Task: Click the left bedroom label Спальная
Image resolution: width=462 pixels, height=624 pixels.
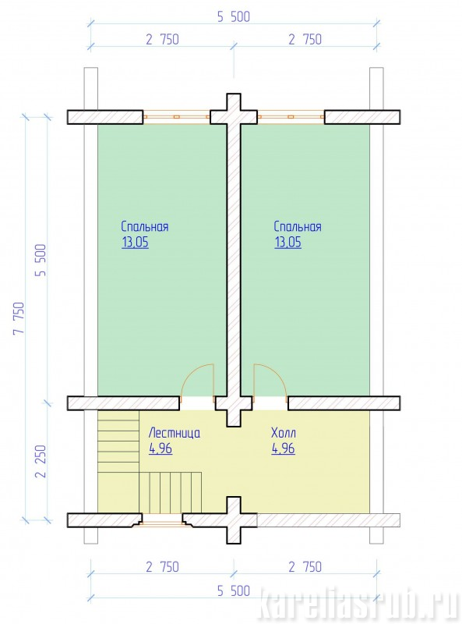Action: pos(145,227)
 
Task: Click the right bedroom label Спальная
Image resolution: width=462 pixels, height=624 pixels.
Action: pos(298,227)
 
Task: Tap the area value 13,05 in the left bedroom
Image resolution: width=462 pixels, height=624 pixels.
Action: pos(136,243)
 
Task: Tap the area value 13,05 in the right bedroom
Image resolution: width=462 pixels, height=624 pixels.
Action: pos(287,243)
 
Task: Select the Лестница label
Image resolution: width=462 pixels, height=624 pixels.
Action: pos(175,433)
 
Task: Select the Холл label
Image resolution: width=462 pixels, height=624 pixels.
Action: pos(284,433)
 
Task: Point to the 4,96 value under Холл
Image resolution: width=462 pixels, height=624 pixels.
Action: pos(283,448)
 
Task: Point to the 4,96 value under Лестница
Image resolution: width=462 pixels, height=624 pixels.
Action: pos(160,448)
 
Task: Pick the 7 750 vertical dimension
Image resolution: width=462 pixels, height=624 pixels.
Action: pos(19,318)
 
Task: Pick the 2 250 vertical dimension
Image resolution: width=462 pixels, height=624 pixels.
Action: pos(41,461)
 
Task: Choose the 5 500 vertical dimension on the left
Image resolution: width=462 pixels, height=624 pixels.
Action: pos(41,260)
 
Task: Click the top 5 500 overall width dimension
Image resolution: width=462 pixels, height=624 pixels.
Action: pos(234,16)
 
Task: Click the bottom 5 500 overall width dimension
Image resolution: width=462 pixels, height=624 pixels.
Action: pos(234,591)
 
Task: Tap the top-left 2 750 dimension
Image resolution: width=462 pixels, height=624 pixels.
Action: pos(163,40)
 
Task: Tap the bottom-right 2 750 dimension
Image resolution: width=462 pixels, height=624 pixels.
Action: pos(305,567)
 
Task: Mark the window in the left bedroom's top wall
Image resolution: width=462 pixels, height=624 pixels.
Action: pos(177,117)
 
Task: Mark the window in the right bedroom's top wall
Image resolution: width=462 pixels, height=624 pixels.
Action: pos(291,117)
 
